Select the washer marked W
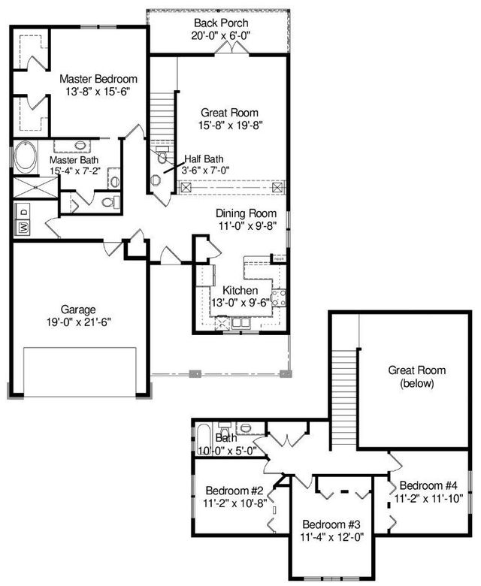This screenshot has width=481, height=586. (22, 226)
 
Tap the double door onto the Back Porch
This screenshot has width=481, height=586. (231, 47)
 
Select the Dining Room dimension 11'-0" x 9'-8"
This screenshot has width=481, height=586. (247, 225)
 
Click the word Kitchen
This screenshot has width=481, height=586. (240, 290)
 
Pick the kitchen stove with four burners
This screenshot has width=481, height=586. (279, 298)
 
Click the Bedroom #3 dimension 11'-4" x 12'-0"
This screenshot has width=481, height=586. (333, 536)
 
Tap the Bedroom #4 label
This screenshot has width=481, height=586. (425, 485)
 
